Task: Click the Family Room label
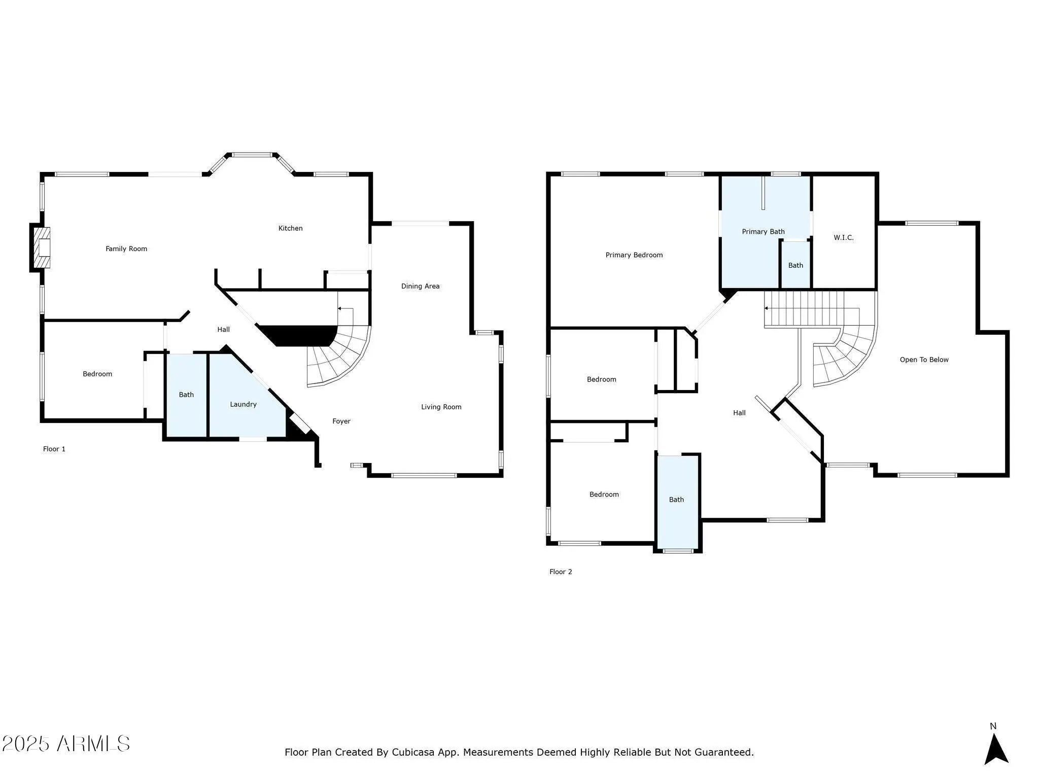[126, 249]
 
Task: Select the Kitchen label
[291, 228]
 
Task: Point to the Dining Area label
[421, 286]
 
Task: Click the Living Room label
[441, 407]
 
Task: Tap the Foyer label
[341, 421]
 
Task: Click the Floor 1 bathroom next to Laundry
[186, 395]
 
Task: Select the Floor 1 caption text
[54, 449]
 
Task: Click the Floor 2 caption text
[561, 572]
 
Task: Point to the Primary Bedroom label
[634, 255]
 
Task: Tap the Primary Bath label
[764, 232]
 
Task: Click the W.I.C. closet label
[844, 237]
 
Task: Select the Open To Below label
[924, 360]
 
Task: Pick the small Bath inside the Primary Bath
[795, 265]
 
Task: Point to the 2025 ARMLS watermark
[65, 744]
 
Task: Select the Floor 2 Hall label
[740, 413]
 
